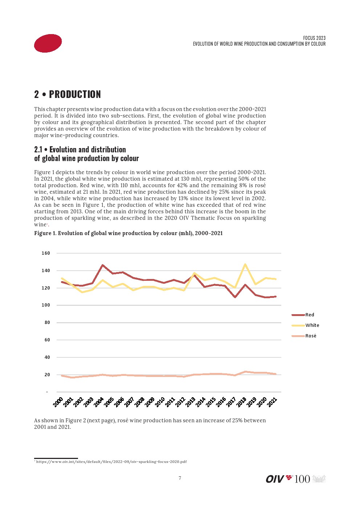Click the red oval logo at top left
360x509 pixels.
[48, 43]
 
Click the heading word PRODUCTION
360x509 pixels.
[75, 94]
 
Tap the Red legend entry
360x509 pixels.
[309, 315]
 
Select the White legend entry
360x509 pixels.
[312, 325]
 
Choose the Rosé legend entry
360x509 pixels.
[310, 336]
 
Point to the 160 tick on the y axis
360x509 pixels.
[46, 253]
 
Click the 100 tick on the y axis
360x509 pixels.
[46, 305]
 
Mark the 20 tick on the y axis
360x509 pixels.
[47, 375]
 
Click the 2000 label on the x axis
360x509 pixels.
[58, 402]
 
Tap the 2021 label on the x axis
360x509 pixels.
[272, 402]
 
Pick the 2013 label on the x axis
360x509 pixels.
[191, 402]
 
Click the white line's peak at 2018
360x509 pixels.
[245, 264]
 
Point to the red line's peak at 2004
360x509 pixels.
[103, 265]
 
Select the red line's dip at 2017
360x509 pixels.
[235, 297]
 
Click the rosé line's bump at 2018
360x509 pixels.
[245, 372]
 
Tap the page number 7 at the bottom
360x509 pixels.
[180, 478]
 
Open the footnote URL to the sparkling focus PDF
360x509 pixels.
[111, 462]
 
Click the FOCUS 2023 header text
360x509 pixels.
[314, 38]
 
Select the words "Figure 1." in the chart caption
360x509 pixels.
[45, 233]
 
